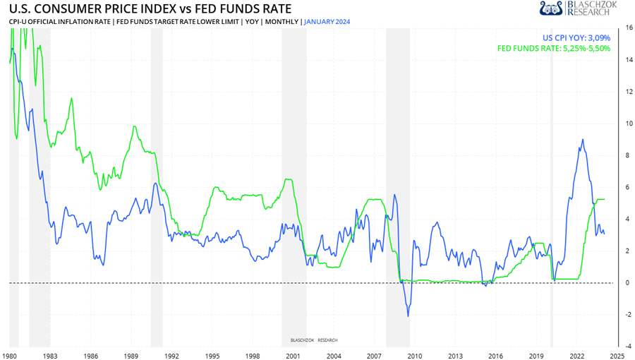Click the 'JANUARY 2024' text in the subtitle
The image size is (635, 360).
pos(327,22)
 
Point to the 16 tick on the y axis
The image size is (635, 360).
pos(628,28)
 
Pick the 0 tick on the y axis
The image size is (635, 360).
pos(628,283)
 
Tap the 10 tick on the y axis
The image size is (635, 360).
pos(628,124)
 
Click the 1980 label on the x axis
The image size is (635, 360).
pos(10,356)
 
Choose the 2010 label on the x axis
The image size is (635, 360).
pos(414,356)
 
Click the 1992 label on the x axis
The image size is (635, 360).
pos(171,356)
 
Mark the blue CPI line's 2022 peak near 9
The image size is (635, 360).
pos(582,140)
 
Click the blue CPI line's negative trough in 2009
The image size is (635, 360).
pos(409,316)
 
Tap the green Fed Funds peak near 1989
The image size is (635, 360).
pos(134,126)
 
